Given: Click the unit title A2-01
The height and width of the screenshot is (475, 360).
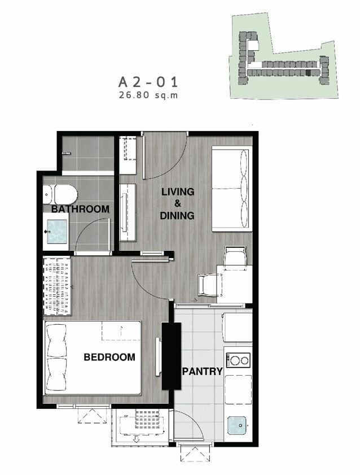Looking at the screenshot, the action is point(148,82).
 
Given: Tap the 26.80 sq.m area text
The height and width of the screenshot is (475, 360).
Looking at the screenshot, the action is point(148,95).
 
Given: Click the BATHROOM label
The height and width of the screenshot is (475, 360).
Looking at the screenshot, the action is point(80,209).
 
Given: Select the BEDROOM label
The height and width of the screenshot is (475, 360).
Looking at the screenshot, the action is point(109,357).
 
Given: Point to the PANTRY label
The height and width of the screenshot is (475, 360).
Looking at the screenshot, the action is point(202,372).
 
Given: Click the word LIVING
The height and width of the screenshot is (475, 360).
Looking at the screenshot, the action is point(178,192).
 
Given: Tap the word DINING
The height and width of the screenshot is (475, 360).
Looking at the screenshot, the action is point(177,216).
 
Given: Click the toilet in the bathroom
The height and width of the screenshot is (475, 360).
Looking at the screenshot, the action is point(60,194).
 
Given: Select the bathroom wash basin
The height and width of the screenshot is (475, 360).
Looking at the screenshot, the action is point(57,232).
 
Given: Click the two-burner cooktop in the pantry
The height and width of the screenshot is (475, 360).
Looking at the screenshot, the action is point(239,360).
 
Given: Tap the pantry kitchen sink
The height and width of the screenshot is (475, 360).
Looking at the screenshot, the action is point(237,425).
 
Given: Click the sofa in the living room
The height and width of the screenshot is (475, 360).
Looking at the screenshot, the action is point(232,189).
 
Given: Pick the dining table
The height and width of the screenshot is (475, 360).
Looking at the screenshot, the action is point(235,285).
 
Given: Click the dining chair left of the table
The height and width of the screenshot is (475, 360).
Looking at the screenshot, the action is point(208,285).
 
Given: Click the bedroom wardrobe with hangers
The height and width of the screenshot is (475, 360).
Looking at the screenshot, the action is point(57,286).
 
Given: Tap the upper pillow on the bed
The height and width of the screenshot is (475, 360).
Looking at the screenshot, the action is point(57,341).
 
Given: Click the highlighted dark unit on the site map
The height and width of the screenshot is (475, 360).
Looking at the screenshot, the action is point(308,73).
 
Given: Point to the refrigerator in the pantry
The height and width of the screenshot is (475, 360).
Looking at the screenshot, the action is point(238,328).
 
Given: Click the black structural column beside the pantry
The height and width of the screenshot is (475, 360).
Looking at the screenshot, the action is point(171,356).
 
